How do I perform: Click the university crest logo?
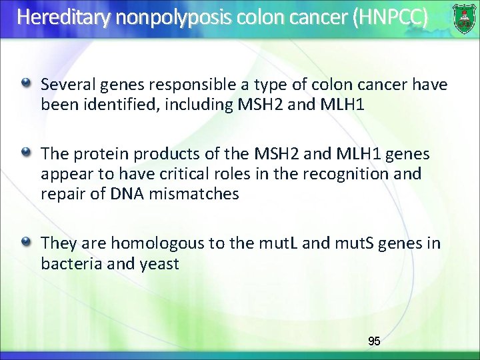tap(464, 17)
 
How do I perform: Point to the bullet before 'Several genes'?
tap(26, 83)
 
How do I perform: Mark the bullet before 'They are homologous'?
tap(26, 241)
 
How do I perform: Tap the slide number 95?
tap(374, 341)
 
